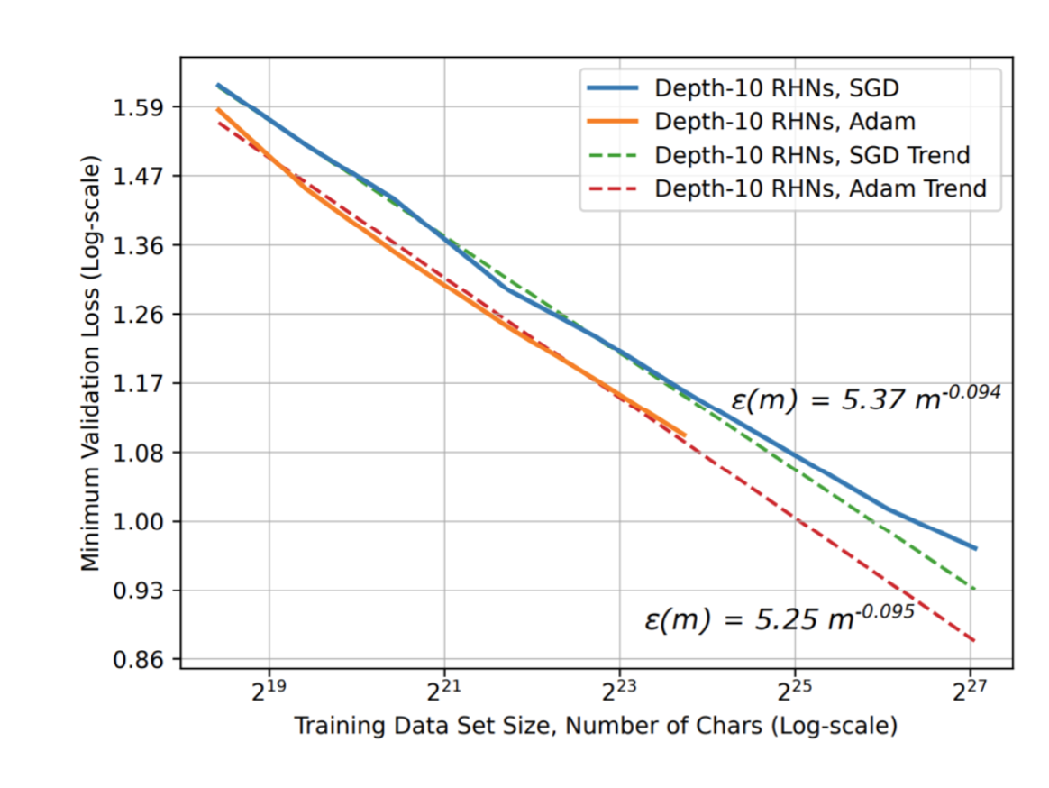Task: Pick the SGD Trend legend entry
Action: (812, 155)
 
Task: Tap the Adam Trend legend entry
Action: (820, 188)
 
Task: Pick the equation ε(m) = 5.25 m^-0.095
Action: (780, 618)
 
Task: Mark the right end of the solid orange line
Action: (685, 435)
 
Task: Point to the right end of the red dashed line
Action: (974, 641)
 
